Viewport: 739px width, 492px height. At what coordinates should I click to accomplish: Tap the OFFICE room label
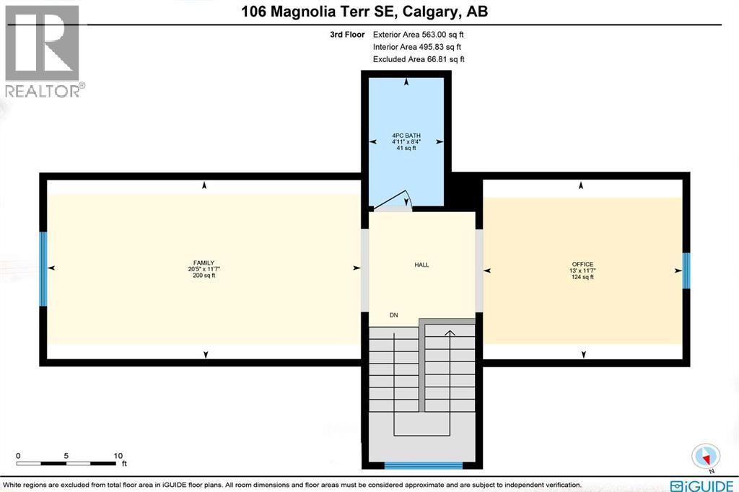pyautogui.click(x=582, y=264)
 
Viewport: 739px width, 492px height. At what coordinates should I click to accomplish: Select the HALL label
pyautogui.click(x=421, y=265)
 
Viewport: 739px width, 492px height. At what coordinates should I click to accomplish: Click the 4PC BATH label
pyautogui.click(x=406, y=136)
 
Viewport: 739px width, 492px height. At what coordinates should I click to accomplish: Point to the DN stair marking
pyautogui.click(x=393, y=315)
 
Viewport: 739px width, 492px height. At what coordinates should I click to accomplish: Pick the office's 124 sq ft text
pyautogui.click(x=582, y=277)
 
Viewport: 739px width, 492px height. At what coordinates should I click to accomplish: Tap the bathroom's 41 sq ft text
pyautogui.click(x=406, y=149)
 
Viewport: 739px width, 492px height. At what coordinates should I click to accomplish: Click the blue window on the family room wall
pyautogui.click(x=43, y=268)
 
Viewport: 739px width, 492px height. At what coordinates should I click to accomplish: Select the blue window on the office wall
pyautogui.click(x=686, y=270)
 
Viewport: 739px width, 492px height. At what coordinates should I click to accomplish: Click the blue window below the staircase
pyautogui.click(x=422, y=465)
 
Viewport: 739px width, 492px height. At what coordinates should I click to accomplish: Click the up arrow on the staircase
pyautogui.click(x=449, y=333)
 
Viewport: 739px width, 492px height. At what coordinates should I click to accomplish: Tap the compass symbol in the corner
pyautogui.click(x=706, y=456)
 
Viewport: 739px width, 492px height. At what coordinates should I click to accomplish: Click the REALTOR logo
pyautogui.click(x=42, y=50)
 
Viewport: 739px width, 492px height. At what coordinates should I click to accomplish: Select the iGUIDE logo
pyautogui.click(x=701, y=484)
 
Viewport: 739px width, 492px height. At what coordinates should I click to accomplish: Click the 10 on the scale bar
pyautogui.click(x=118, y=456)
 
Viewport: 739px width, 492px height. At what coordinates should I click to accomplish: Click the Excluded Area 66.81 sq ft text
pyautogui.click(x=419, y=59)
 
